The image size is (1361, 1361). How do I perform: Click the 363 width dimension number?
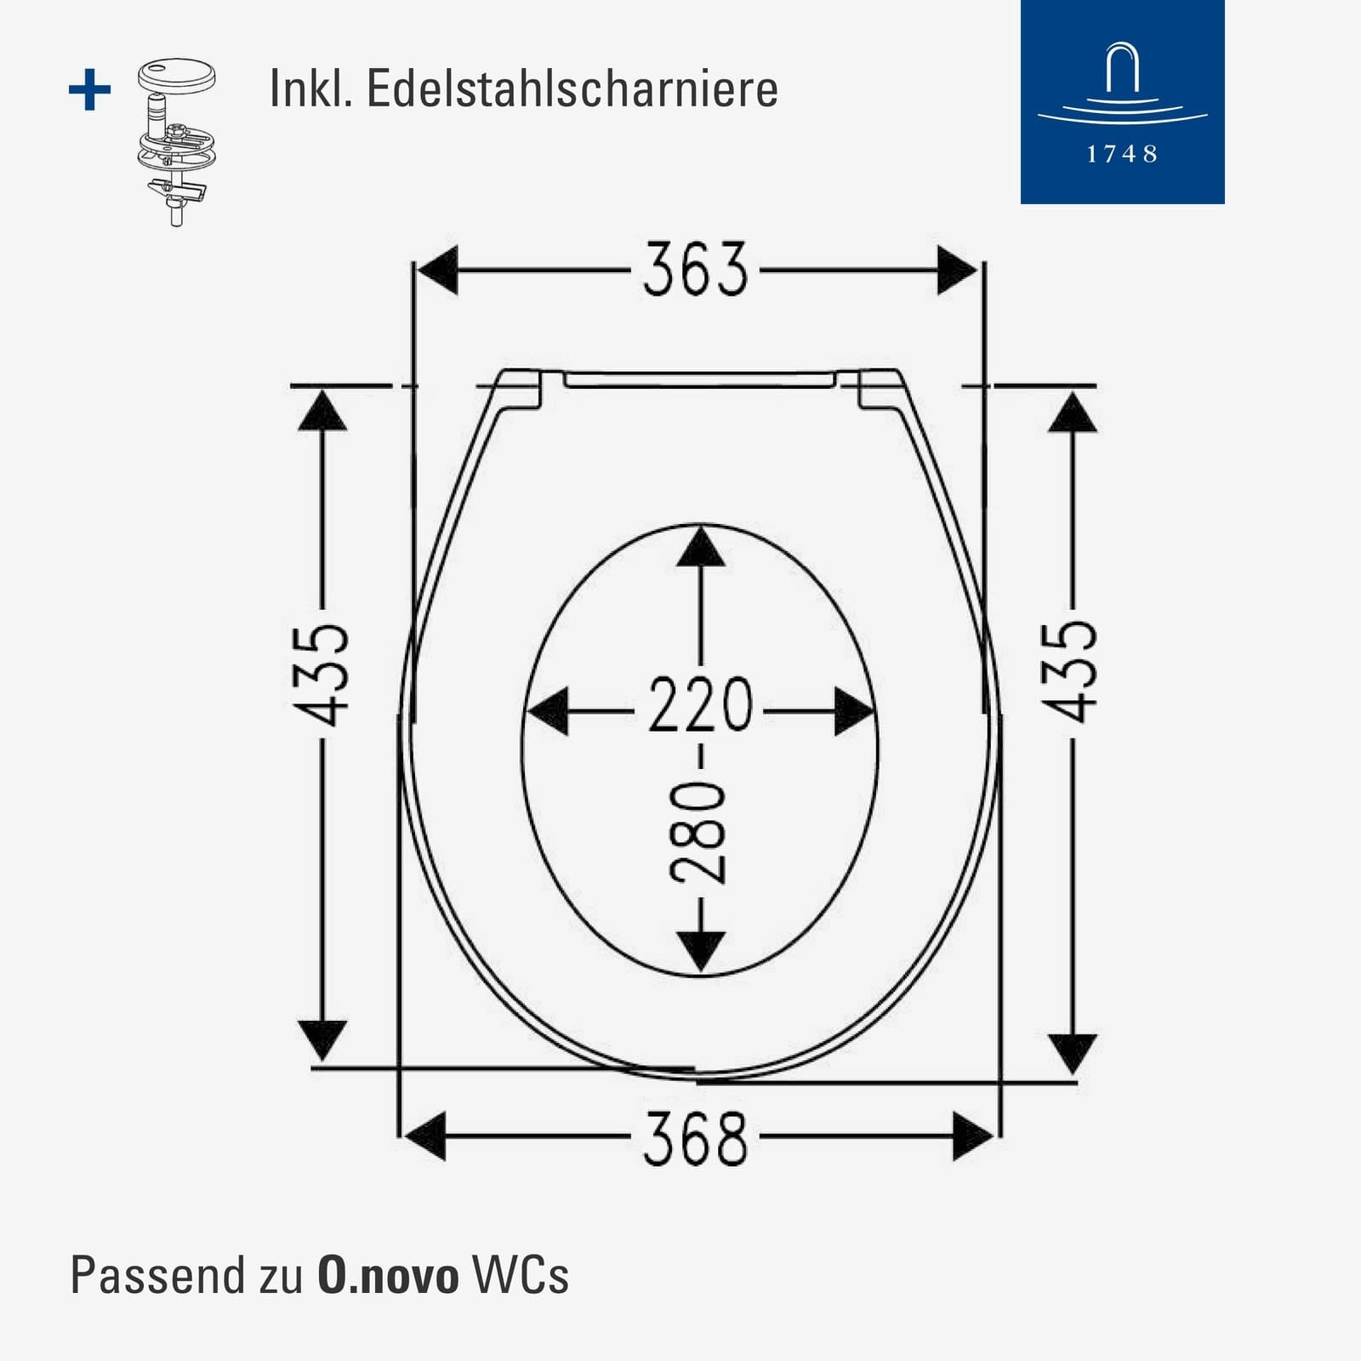[x=695, y=270]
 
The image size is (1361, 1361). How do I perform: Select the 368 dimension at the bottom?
[x=695, y=1137]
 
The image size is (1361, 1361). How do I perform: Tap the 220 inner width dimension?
[x=700, y=705]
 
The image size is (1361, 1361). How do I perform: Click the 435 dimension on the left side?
[x=318, y=675]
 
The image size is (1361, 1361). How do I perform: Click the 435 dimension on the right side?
[x=1069, y=672]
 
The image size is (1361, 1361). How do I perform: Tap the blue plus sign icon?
[x=89, y=90]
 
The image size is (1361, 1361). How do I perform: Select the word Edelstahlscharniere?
[x=572, y=88]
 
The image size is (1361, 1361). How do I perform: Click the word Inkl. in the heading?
[x=310, y=88]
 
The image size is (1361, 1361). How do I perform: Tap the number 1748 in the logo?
[x=1122, y=155]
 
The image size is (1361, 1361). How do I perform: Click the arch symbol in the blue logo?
[x=1122, y=70]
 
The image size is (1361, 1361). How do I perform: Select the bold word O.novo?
[x=388, y=1275]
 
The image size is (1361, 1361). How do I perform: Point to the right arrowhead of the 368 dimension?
[x=973, y=1136]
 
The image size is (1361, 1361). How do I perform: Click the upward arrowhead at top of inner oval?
[x=700, y=546]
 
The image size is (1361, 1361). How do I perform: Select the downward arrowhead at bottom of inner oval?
[x=700, y=951]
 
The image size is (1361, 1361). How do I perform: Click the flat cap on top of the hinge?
[x=176, y=74]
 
